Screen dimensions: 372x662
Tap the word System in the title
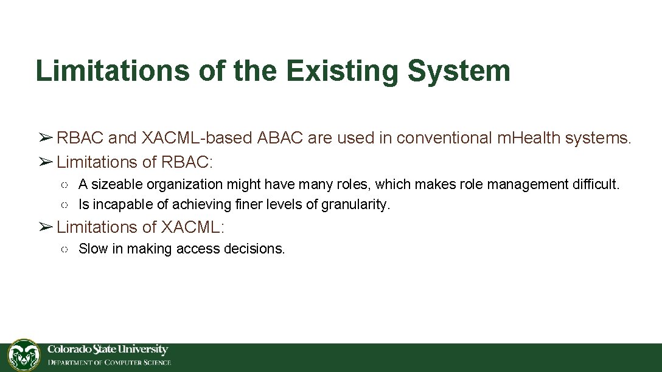tap(459, 71)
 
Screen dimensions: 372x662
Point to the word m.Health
tap(529, 139)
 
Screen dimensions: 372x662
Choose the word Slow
tap(93, 249)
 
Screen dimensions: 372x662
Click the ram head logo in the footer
tap(24, 355)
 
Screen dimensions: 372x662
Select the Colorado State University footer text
tap(108, 350)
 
